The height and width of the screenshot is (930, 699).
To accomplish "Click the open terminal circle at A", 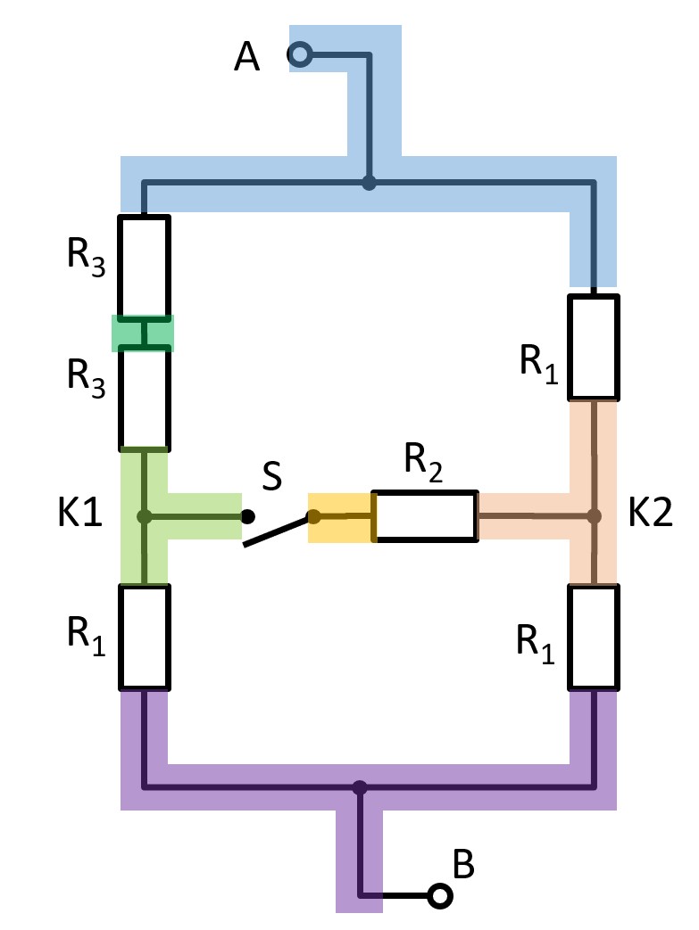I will tap(300, 56).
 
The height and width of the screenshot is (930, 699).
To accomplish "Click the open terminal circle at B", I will tap(438, 895).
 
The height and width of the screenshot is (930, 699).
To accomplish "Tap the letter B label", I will tap(463, 863).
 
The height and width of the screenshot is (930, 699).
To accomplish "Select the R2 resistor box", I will tap(425, 515).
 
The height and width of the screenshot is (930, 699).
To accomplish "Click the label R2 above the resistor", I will tap(423, 461).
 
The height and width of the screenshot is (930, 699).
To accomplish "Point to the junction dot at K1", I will tap(144, 516).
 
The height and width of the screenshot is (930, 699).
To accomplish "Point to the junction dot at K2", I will tap(593, 515).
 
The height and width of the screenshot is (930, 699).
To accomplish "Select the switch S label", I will tap(271, 478).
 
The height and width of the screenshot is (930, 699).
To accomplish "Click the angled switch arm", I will tap(279, 530).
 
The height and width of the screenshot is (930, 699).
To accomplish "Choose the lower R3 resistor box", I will tap(145, 397).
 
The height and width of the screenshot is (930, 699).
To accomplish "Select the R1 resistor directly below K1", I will tap(145, 637).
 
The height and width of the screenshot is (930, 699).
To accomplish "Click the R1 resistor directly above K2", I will tap(593, 347).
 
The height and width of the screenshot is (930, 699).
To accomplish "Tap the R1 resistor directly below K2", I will tap(593, 637).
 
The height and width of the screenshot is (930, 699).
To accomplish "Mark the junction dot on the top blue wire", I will tap(368, 184).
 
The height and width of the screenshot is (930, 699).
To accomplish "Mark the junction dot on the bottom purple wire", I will tap(360, 787).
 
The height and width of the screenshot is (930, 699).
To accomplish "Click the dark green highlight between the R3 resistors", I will tap(143, 333).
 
